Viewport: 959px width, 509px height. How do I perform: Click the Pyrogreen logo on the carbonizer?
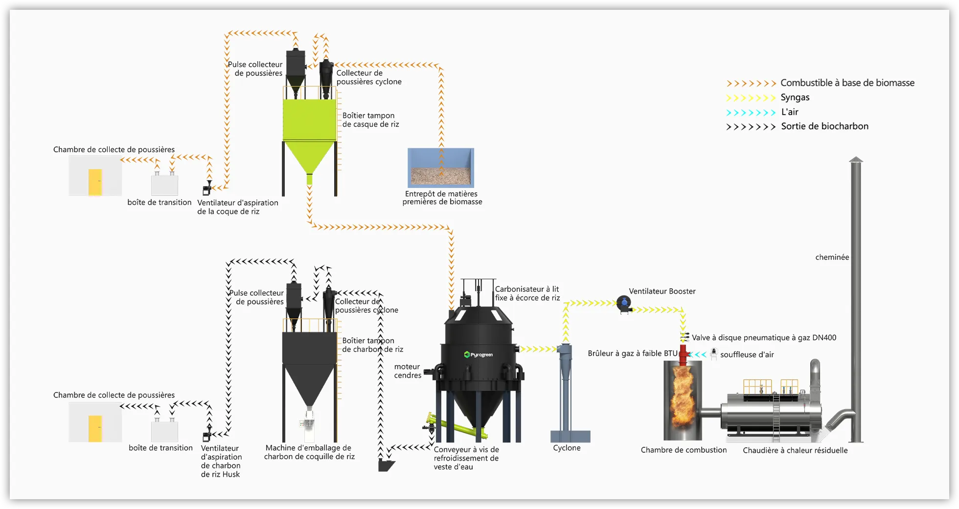coord(479,354)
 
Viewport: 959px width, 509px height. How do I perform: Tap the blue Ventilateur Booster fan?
coord(624,304)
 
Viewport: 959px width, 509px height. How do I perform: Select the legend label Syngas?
coord(795,97)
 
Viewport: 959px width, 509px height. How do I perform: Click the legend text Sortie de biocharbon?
coord(824,126)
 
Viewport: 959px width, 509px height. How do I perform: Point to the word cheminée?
coord(832,257)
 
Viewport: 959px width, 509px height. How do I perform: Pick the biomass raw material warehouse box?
coord(441,168)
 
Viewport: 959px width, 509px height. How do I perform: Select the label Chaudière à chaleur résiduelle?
coord(795,450)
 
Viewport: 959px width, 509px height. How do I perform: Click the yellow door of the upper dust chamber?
coord(95,182)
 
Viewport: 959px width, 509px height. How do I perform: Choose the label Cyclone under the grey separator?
coord(567,448)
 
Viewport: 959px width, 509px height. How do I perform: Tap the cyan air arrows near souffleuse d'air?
coord(698,354)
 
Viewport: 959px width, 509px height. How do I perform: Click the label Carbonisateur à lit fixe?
coord(527,294)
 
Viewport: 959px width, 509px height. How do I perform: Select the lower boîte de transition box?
coord(164,431)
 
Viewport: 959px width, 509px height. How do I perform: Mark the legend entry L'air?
coord(790,112)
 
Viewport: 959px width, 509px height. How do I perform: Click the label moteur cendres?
coord(408,371)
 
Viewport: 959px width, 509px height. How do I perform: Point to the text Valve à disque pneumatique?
coord(764,338)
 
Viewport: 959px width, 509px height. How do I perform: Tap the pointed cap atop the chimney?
coord(856,160)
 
